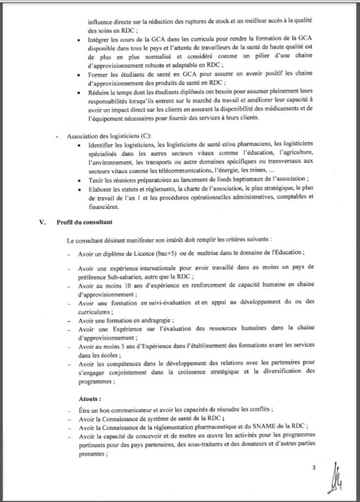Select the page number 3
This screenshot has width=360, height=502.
313,468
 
